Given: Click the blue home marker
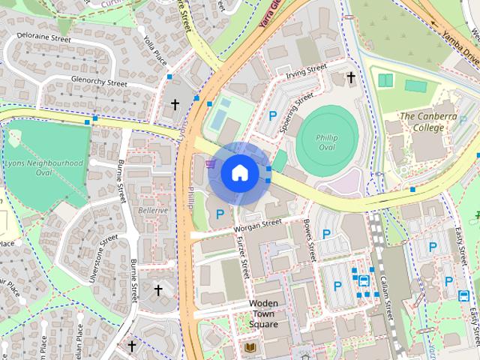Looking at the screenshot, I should point(239,172).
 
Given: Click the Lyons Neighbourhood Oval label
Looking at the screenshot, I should point(43,167).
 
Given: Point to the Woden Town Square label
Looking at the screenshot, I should point(263,313).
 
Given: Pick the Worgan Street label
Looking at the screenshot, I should point(256,224).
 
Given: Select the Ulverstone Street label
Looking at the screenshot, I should point(104,257).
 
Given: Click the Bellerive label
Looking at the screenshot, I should point(153,211).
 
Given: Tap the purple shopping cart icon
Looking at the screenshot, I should point(210,161).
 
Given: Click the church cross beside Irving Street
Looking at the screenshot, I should point(350,76).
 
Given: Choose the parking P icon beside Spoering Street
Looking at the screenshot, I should point(273,116).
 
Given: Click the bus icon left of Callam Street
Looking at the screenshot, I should point(364,281).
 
